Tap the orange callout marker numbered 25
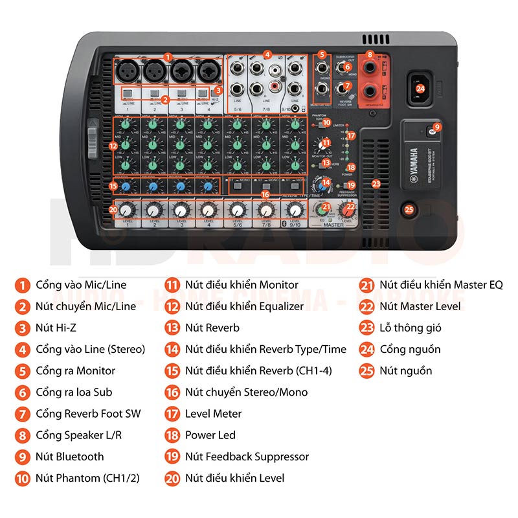409,209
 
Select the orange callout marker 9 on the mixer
437,128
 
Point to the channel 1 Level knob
126,210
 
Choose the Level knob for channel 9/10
295,210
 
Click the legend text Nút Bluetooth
70,456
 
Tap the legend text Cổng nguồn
410,349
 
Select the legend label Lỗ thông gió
411,328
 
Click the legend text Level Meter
213,413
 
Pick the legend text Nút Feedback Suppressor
247,456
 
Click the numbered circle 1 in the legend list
24,285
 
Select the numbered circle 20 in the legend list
172,478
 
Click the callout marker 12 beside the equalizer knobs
113,146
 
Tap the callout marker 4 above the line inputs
267,55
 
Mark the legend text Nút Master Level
420,306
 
